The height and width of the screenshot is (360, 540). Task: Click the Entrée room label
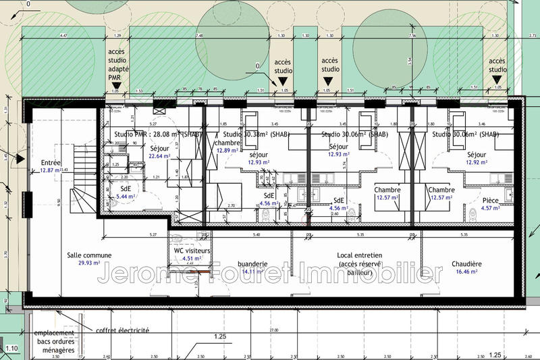point(51,163)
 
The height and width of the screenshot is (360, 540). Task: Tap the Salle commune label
point(89,255)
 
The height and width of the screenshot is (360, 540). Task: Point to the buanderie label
point(253,264)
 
